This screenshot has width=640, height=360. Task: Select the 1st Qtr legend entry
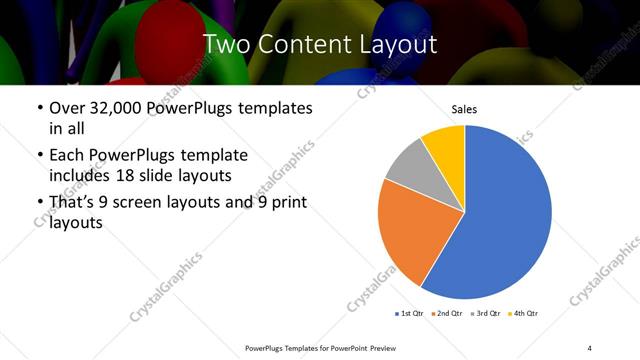point(411,314)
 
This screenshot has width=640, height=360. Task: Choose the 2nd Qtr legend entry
point(447,314)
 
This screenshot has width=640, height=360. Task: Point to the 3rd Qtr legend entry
point(485,314)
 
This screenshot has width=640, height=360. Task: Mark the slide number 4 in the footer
point(589,347)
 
